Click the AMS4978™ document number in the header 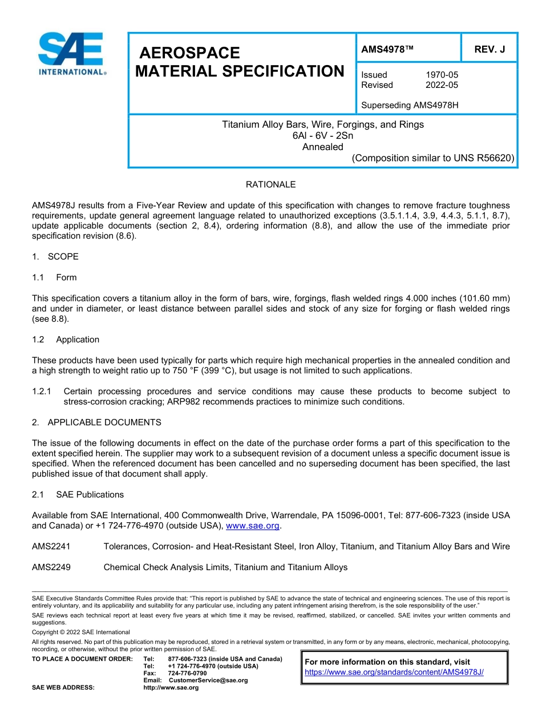tap(387, 50)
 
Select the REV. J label tap(490, 50)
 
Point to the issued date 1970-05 tap(442, 75)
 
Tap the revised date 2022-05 tap(442, 85)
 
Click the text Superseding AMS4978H tap(410, 106)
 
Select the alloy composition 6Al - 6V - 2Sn tap(323, 136)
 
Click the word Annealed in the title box tap(323, 147)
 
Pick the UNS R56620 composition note tap(434, 158)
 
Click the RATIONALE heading tap(270, 185)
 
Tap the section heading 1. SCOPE tap(55, 257)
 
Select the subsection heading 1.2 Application tap(66, 340)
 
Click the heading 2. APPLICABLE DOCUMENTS tap(96, 422)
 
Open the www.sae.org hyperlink tap(253, 526)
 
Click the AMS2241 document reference tap(51, 547)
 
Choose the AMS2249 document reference tap(51, 567)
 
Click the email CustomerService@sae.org tap(208, 680)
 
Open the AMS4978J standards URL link tap(394, 672)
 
